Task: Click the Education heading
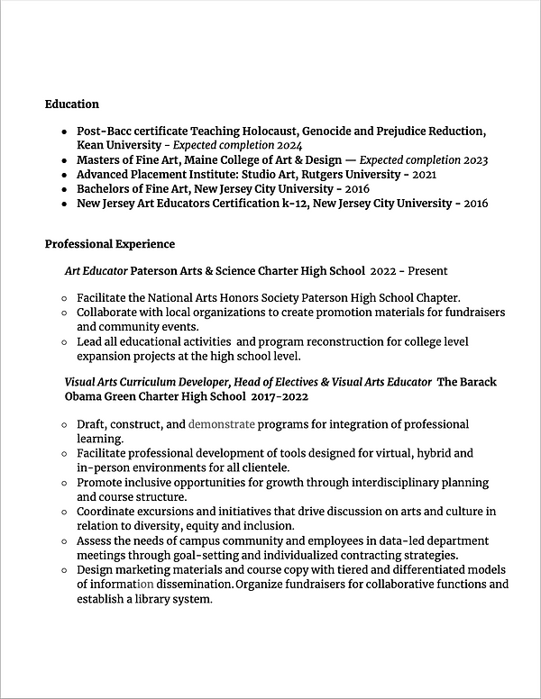point(72,104)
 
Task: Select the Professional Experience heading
point(110,244)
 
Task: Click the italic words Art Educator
point(96,270)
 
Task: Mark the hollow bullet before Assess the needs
point(63,541)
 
